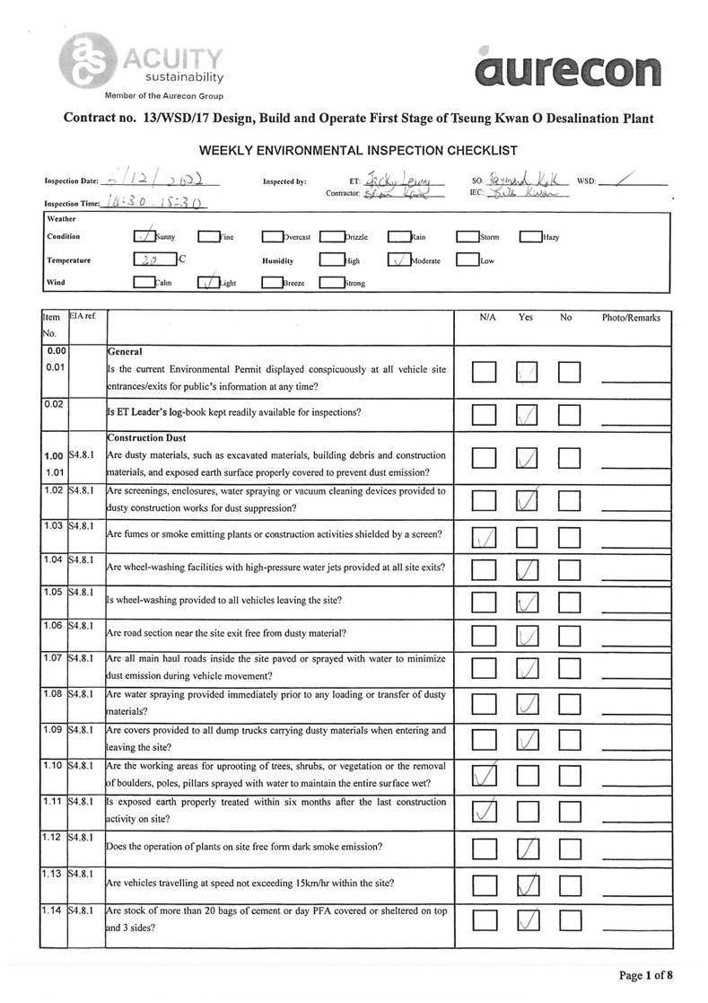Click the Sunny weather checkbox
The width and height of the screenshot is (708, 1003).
[x=143, y=237]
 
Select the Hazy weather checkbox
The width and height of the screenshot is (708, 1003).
[x=529, y=237]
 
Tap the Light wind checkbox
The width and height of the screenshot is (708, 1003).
[x=207, y=283]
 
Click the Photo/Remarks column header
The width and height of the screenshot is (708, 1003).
[x=631, y=318]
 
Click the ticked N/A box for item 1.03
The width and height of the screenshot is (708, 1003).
[x=485, y=538]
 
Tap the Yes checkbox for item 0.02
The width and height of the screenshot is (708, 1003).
[x=528, y=415]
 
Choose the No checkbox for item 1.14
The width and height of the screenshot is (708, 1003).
[x=570, y=920]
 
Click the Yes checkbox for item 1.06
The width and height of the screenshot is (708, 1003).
[x=528, y=637]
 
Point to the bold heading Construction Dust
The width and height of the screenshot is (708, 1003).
[x=147, y=438]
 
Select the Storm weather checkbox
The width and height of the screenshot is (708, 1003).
[x=467, y=237]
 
